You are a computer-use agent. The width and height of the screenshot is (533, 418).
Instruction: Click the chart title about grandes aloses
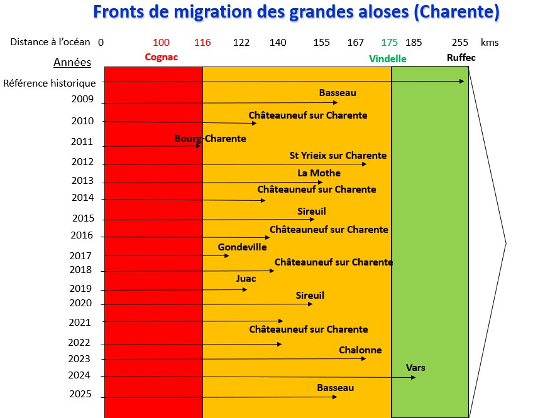(296, 12)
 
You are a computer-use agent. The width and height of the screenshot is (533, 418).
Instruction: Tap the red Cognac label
(162, 57)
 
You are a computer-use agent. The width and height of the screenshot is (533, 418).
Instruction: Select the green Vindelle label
(388, 58)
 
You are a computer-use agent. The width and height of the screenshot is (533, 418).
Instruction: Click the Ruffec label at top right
(461, 58)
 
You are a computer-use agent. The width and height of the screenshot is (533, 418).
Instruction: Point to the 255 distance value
(460, 43)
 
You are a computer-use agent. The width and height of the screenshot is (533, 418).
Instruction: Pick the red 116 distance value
(202, 43)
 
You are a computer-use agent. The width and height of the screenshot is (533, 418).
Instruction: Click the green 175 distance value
(390, 43)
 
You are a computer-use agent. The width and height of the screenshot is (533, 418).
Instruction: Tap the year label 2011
(82, 142)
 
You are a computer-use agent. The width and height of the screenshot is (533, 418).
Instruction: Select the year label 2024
(79, 375)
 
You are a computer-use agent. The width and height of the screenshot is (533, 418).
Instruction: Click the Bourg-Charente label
(210, 138)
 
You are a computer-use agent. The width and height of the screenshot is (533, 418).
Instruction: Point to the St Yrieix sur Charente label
(338, 155)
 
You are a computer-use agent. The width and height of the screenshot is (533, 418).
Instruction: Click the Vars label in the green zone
(415, 367)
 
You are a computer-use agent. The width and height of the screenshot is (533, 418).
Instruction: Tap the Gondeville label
(242, 247)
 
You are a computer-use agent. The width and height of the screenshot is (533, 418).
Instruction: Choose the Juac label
(246, 278)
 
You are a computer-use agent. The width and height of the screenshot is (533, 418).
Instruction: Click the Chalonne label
(360, 350)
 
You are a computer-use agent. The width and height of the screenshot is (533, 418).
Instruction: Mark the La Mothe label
(319, 173)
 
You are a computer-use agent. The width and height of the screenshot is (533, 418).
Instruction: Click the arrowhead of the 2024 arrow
(413, 377)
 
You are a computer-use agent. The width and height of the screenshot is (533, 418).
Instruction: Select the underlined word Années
(72, 62)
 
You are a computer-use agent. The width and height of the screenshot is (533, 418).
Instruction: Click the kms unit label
(489, 43)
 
